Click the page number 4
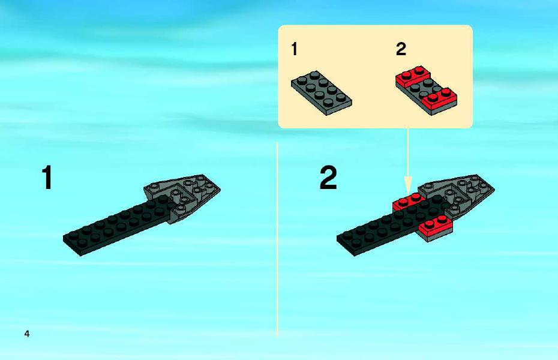click(x=26, y=334)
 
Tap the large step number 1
click(x=47, y=178)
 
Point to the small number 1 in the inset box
click(x=295, y=49)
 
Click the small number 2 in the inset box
click(x=401, y=49)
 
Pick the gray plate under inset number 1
click(x=322, y=92)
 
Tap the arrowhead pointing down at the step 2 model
click(x=408, y=184)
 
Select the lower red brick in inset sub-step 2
click(x=439, y=101)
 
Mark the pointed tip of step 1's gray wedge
click(x=220, y=188)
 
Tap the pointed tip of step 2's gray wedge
click(x=494, y=188)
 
